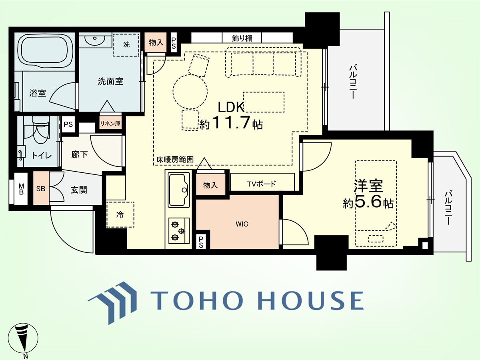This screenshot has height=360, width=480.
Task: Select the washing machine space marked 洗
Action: (x=126, y=45)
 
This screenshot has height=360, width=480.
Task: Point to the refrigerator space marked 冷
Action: (x=120, y=215)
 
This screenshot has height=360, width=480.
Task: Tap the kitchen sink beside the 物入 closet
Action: (x=179, y=190)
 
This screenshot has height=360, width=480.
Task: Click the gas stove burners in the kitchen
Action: (x=179, y=231)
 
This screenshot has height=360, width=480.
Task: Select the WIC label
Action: (x=242, y=224)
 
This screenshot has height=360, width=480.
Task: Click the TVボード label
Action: (x=262, y=184)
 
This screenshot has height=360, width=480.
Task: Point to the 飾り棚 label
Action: (x=242, y=38)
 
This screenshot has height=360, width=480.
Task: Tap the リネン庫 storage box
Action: (x=110, y=124)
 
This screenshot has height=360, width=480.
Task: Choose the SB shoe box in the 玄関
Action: (x=41, y=188)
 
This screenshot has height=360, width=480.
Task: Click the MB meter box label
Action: (x=21, y=189)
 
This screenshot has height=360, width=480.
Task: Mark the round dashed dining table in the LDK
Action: (x=190, y=92)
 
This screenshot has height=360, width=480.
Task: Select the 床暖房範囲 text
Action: (x=175, y=160)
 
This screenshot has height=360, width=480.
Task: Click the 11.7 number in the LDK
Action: (x=231, y=122)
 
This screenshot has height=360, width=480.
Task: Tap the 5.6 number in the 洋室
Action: (x=368, y=201)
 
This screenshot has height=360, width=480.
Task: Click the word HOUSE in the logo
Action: (x=310, y=300)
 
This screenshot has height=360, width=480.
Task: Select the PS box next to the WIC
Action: (x=201, y=242)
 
